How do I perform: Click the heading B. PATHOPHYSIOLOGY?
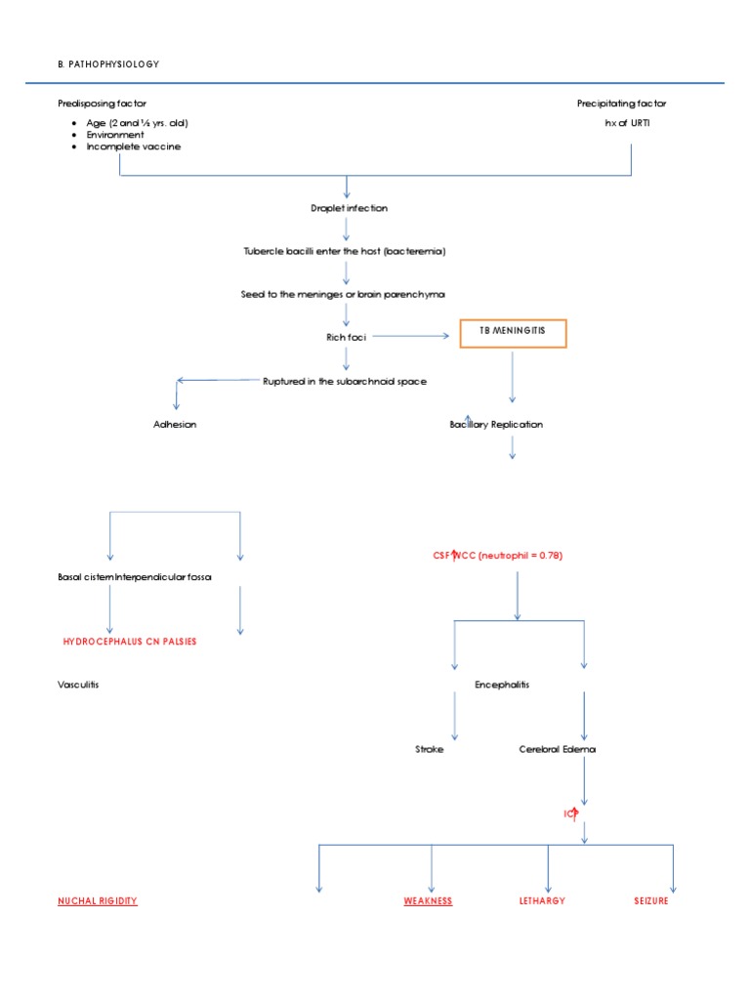(108, 64)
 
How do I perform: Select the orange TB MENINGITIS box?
(513, 332)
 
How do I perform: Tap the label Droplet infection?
(347, 208)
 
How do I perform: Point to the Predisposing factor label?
(103, 104)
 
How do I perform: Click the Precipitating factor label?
(621, 104)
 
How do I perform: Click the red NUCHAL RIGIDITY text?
(98, 900)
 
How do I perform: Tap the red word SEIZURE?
(650, 900)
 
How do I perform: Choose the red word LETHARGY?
(542, 900)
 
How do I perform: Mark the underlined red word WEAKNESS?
(428, 900)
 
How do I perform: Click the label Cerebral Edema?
(557, 749)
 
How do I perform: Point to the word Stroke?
(430, 749)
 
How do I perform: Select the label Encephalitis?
(502, 685)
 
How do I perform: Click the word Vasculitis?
(78, 685)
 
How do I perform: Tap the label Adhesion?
(175, 425)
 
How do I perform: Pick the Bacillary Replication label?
(496, 425)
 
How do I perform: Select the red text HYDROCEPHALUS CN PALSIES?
(135, 642)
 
